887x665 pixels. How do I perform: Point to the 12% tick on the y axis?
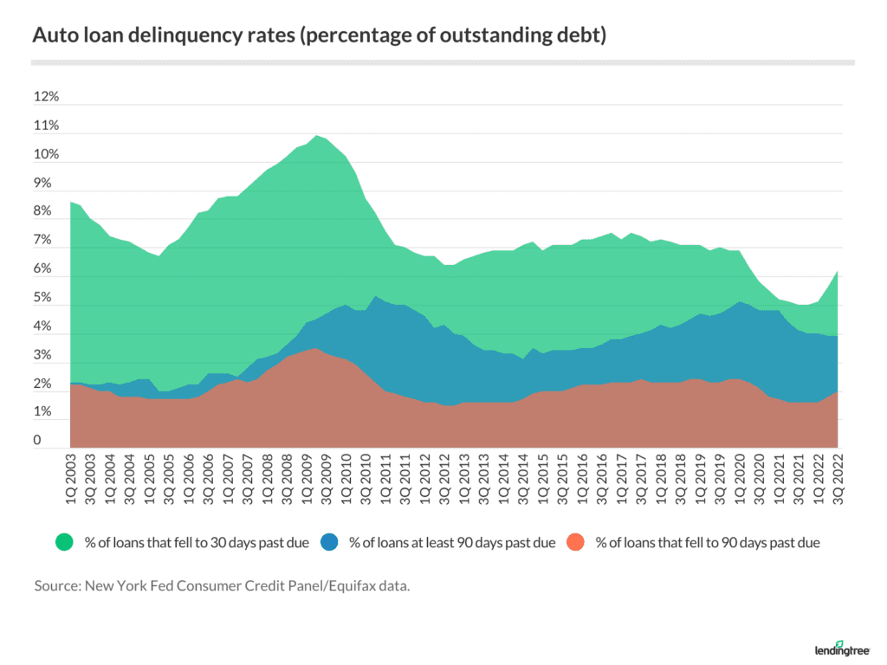coord(46,98)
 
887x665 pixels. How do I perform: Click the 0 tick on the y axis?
coord(39,441)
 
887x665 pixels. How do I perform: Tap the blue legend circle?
coord(330,543)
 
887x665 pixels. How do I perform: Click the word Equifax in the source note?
coord(381,586)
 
